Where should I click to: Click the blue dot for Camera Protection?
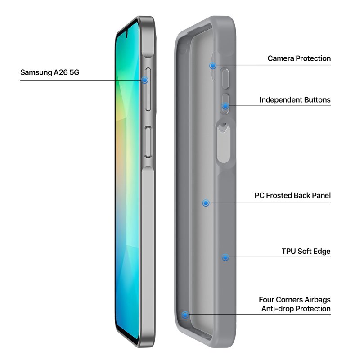click(x=213, y=66)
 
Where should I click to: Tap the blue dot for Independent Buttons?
click(x=225, y=106)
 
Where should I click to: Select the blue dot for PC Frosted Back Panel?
click(x=206, y=203)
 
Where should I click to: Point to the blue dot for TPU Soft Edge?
click(x=225, y=257)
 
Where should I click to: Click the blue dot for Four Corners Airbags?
click(x=185, y=315)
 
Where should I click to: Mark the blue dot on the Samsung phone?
click(x=144, y=80)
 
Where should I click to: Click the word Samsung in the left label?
click(x=36, y=72)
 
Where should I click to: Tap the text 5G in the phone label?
click(x=74, y=72)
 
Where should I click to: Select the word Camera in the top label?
click(x=281, y=58)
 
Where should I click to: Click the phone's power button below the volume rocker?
click(x=148, y=142)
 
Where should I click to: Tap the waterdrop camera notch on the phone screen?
click(x=126, y=35)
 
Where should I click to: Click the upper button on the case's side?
click(x=225, y=78)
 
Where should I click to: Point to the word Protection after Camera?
click(x=313, y=58)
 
